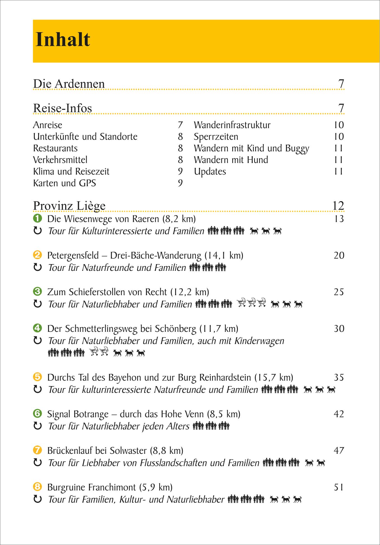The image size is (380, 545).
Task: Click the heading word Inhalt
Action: pos(63,39)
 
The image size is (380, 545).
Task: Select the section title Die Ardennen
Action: pos(69,84)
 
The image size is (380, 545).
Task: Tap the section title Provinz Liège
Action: pos(69,206)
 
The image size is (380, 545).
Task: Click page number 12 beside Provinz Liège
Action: pos(338,206)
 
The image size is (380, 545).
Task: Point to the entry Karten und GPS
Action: pos(64,183)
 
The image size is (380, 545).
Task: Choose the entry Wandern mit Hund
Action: pos(231,160)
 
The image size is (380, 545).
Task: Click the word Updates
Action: pos(210,172)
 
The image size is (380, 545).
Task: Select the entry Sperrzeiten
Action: pos(216,137)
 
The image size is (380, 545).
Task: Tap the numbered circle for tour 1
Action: pos(37,218)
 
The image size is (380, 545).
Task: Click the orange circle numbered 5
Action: pos(37,377)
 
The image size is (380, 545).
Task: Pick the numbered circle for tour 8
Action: pos(37,487)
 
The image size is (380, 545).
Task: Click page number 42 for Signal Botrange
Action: pos(339,414)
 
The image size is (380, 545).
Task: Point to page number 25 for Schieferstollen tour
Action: pos(339,292)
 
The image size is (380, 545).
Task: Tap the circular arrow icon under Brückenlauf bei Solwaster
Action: pos(37,463)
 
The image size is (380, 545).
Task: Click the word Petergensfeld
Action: pos(73,255)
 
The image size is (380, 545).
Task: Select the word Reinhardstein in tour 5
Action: pos(225,377)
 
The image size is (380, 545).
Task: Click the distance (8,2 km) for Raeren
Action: pos(179,219)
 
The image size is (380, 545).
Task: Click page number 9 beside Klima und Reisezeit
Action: pos(180,171)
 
